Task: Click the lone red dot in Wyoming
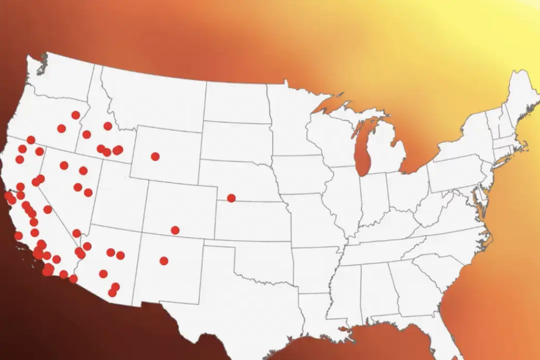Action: click(x=155, y=156)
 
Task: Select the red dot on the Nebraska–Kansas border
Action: click(x=231, y=198)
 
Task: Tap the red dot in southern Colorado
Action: click(x=175, y=230)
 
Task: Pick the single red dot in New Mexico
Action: click(x=164, y=260)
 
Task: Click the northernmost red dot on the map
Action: click(x=75, y=115)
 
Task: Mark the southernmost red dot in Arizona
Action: click(x=112, y=293)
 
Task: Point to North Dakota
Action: click(x=235, y=100)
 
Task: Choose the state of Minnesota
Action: click(x=290, y=120)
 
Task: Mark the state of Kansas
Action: click(x=250, y=210)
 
